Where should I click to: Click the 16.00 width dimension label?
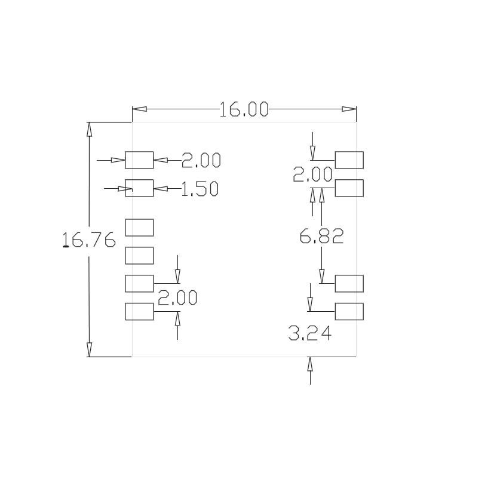244,109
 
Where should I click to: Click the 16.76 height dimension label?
89,240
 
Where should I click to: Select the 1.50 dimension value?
200,189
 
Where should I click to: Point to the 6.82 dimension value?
321,237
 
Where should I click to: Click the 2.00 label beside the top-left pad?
201,160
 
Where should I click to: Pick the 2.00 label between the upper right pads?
312,175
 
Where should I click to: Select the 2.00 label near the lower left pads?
177,297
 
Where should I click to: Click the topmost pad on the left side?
139,160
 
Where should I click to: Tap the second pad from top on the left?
139,188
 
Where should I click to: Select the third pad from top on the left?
139,228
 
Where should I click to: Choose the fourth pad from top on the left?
139,256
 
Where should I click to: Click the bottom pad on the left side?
139,312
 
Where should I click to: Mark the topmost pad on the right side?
349,160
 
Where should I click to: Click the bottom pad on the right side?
349,312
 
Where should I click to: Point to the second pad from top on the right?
349,188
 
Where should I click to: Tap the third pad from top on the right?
349,284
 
